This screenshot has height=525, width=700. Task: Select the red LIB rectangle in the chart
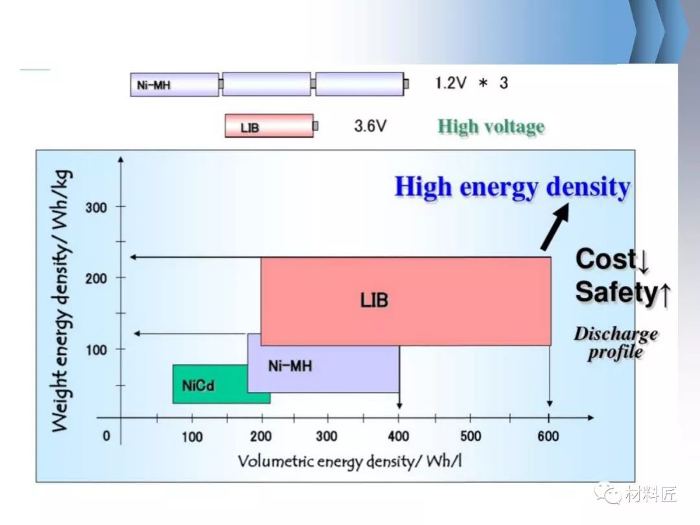coord(405,300)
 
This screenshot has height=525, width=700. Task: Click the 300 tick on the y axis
coord(97,207)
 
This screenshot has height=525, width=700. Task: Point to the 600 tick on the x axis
coord(548,436)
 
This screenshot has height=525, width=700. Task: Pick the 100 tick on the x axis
coord(192,436)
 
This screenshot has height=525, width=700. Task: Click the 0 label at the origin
coord(106,436)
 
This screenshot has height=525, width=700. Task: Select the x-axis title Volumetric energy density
coord(350,461)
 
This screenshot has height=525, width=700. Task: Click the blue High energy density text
coord(512,187)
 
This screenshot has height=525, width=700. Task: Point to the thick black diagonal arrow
coord(555,227)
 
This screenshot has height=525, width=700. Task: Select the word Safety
coord(616,292)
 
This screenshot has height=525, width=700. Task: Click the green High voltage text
coord(491,126)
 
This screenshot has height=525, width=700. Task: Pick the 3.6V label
coord(370,126)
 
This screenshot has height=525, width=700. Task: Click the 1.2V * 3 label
coord(471,83)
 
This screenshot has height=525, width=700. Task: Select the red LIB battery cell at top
coord(269,126)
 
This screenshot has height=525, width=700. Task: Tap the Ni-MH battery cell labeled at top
coord(174,84)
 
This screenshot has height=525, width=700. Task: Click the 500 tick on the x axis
coord(471,436)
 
